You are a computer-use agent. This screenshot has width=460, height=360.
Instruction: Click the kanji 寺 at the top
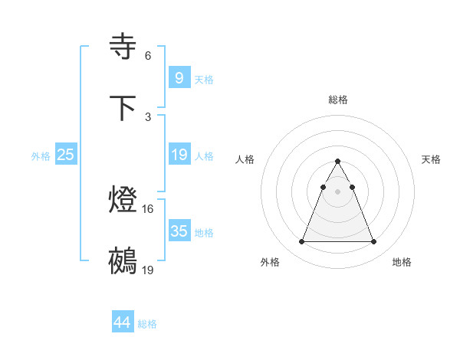point(124,47)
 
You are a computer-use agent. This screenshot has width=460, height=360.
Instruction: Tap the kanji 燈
point(124,201)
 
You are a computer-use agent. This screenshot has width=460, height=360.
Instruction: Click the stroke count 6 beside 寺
point(148,55)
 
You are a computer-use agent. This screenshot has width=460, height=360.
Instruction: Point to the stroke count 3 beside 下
point(148,116)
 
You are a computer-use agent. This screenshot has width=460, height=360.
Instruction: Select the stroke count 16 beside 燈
point(149,208)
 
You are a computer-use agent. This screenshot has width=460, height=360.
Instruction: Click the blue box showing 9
point(179,78)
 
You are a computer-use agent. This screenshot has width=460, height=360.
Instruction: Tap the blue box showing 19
point(179,155)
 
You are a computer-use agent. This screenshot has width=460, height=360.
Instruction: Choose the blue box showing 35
point(179,231)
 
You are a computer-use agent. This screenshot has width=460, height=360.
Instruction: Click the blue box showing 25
point(66,155)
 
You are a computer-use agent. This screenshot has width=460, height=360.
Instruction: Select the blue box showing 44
point(122,322)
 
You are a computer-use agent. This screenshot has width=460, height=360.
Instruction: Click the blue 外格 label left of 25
point(41,156)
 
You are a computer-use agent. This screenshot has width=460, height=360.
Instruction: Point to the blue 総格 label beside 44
point(148,324)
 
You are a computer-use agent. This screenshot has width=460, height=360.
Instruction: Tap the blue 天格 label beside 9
point(204,80)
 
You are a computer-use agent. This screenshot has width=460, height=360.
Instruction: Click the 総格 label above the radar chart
point(338,100)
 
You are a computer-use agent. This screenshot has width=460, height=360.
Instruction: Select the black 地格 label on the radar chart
point(402,262)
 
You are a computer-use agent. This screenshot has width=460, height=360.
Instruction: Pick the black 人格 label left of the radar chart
point(245,159)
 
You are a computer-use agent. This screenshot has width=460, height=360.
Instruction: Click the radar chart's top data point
point(337,162)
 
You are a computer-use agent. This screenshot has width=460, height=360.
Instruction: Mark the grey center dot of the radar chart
point(337,191)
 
